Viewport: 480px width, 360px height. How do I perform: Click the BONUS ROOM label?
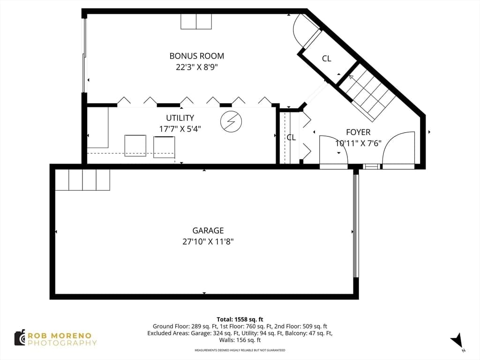click(196, 56)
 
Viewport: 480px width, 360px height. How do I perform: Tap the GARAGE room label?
click(208, 231)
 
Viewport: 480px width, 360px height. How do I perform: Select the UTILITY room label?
click(180, 118)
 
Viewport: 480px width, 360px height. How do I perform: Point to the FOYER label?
click(358, 132)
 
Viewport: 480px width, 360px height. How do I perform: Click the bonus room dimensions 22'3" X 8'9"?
click(196, 67)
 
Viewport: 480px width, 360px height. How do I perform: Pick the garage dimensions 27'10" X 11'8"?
click(208, 241)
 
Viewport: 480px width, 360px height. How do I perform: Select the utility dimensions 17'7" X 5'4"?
click(180, 129)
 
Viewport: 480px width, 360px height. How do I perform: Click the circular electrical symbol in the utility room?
click(231, 121)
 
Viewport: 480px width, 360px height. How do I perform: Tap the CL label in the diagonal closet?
click(327, 58)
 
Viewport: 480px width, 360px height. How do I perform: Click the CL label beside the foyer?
click(291, 137)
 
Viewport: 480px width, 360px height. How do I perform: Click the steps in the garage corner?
click(82, 180)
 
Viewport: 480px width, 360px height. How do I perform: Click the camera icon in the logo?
click(20, 338)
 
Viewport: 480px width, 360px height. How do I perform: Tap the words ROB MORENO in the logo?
click(60, 336)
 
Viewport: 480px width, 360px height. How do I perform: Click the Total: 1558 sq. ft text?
click(240, 320)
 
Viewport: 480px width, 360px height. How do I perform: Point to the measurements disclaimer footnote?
click(240, 350)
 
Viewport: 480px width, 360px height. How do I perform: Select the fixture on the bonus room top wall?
click(196, 22)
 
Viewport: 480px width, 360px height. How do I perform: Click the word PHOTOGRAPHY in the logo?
click(62, 343)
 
